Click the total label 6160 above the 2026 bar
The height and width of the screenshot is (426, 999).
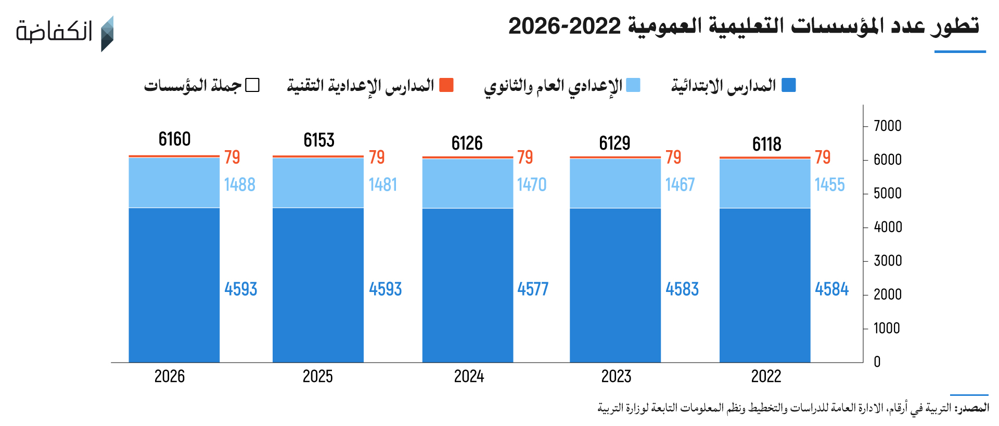[174, 139]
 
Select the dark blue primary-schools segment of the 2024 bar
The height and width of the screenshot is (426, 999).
[467, 285]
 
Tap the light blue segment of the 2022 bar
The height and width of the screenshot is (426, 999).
[765, 183]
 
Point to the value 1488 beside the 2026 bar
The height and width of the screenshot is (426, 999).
[239, 184]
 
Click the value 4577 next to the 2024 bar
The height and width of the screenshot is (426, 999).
[533, 289]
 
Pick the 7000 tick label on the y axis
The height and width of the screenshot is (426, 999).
[887, 126]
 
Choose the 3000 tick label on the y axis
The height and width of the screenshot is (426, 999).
[887, 261]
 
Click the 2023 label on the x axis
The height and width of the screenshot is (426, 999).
[616, 376]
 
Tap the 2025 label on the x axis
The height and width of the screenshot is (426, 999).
[317, 376]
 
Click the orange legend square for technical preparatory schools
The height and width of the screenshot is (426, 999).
[446, 85]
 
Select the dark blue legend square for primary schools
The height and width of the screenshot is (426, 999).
[789, 85]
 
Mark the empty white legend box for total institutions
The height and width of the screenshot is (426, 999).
[252, 85]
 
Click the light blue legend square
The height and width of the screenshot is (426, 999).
[633, 85]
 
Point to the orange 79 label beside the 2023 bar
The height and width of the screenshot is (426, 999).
[673, 157]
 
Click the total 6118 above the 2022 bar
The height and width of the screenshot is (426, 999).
[766, 144]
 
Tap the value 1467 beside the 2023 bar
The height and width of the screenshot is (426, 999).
[680, 184]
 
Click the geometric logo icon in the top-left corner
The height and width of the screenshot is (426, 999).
[107, 34]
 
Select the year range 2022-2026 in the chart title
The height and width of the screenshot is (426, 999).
[565, 26]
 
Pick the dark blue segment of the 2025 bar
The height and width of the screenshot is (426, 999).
[318, 285]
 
